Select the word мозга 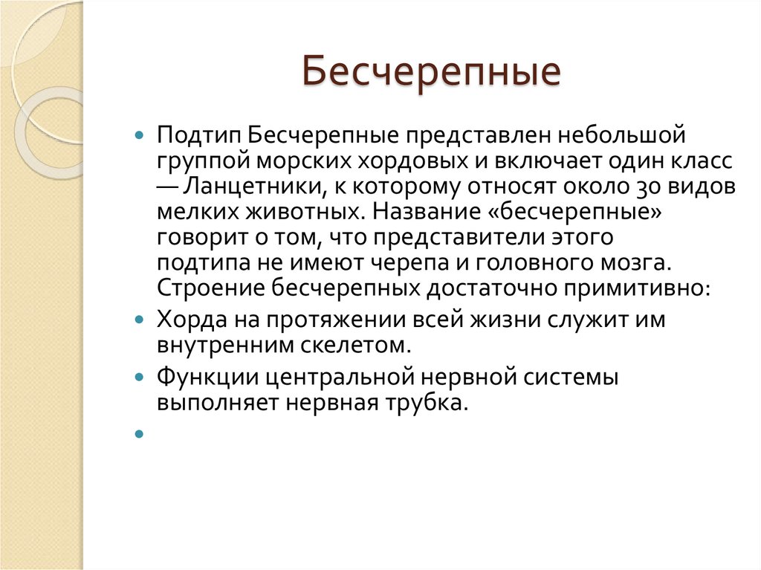pyautogui.click(x=636, y=262)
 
